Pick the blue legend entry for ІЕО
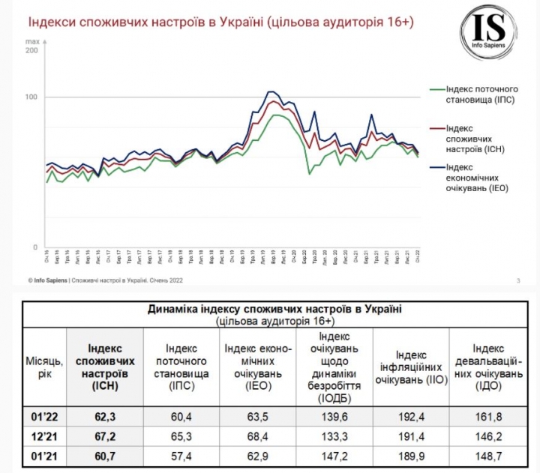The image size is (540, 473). (x=472, y=178)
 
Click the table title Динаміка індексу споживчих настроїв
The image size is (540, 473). (x=274, y=309)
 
